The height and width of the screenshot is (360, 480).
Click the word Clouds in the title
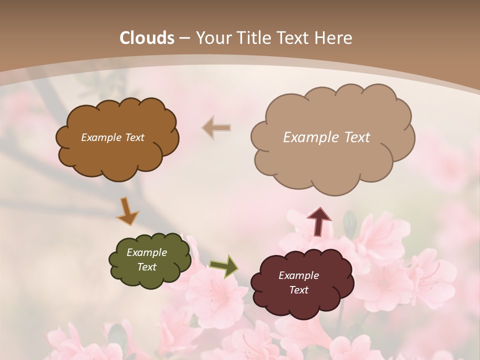pyautogui.click(x=147, y=38)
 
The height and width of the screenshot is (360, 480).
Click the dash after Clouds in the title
pyautogui.click(x=184, y=38)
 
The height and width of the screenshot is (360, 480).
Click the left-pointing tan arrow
pyautogui.click(x=216, y=128)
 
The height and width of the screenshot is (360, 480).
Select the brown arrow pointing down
pyautogui.click(x=127, y=211)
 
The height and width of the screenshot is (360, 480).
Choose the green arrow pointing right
pyautogui.click(x=224, y=266)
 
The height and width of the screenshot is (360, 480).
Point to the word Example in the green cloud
pyautogui.click(x=146, y=252)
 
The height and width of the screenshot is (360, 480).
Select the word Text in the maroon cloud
pyautogui.click(x=298, y=290)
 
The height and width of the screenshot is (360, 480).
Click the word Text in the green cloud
pyautogui.click(x=146, y=267)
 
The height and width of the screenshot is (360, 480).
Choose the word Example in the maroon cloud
pyautogui.click(x=298, y=275)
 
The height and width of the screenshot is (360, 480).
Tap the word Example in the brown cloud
pyautogui.click(x=101, y=137)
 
